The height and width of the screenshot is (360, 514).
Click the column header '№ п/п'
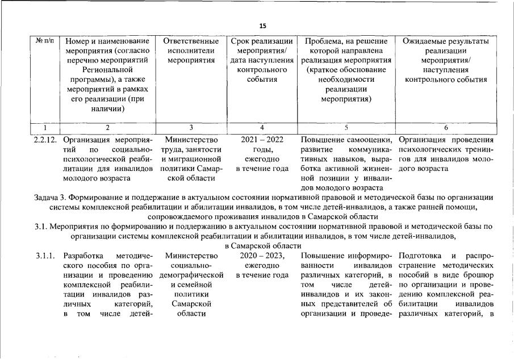click(x=45, y=41)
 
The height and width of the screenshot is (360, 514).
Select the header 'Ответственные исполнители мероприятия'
click(x=190, y=51)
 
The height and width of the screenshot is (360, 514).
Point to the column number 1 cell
click(x=45, y=128)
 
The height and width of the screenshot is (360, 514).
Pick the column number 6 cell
click(x=446, y=128)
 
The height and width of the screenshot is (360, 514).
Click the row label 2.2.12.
click(x=47, y=139)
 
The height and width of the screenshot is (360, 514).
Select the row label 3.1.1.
click(x=45, y=256)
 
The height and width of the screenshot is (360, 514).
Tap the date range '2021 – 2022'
click(x=262, y=139)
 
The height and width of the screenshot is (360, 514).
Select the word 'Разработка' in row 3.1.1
click(x=83, y=256)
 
